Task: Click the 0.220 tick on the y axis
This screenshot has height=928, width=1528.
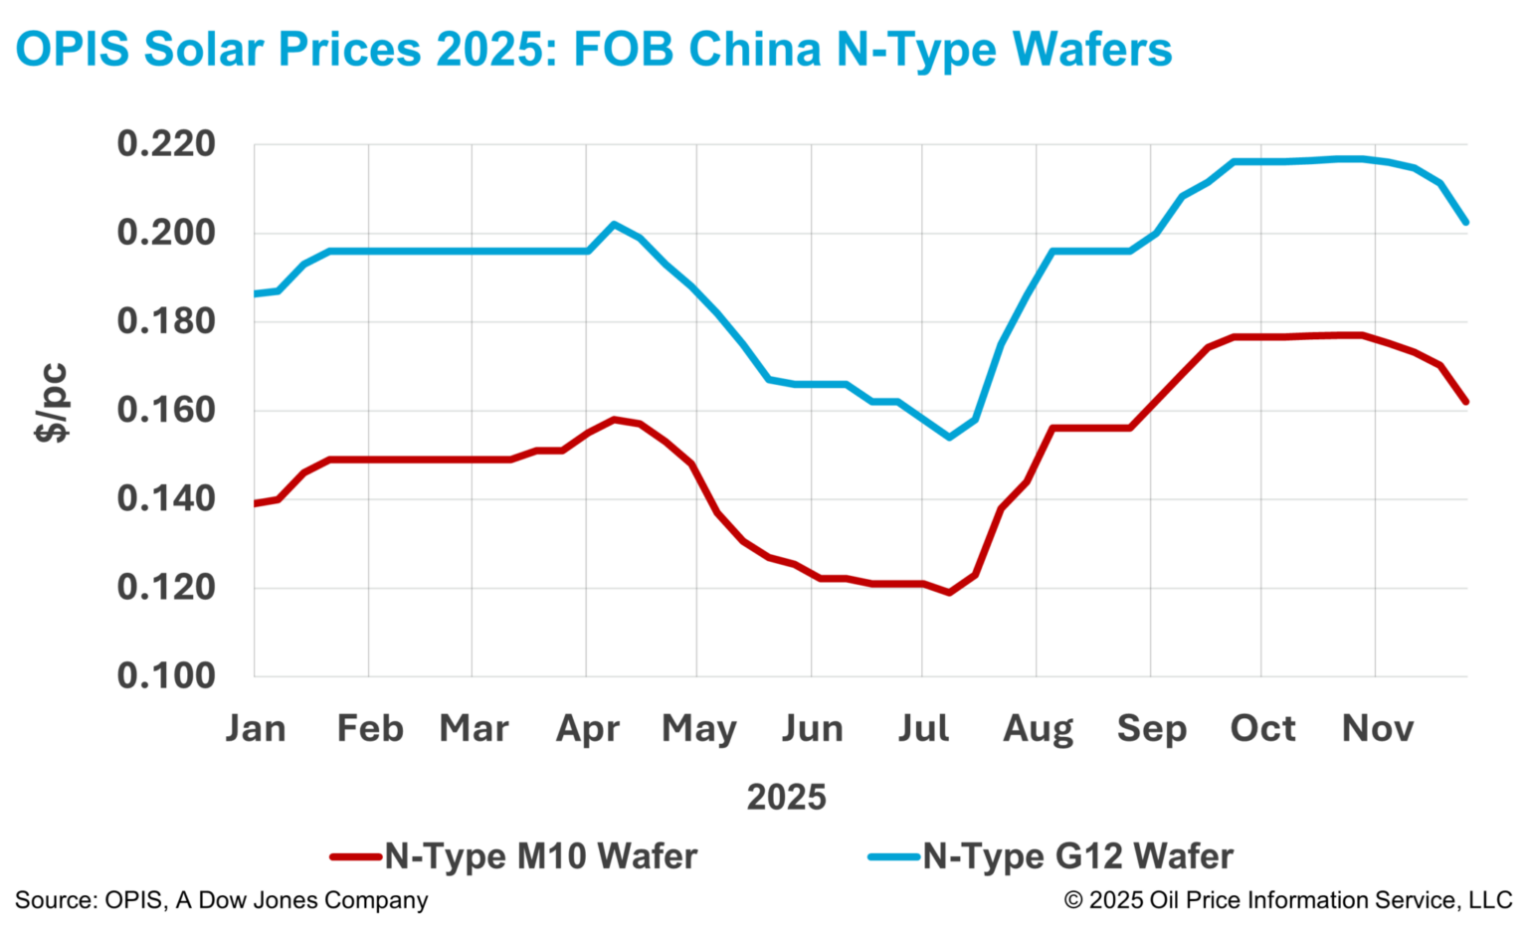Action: pos(165,145)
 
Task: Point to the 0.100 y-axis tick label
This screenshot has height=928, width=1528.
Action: pos(165,676)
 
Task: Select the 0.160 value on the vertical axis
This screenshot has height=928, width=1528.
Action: pos(165,411)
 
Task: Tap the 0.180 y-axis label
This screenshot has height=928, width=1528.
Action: pos(165,322)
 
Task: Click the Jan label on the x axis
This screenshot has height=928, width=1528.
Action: pos(256,729)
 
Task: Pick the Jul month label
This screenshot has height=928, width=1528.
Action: pos(923,729)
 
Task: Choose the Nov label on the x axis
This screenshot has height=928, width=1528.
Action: pos(1377,729)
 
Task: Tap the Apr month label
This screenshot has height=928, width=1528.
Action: pos(587,729)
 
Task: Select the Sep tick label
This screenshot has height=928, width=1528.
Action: pos(1151,729)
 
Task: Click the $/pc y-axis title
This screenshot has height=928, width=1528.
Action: pos(52,403)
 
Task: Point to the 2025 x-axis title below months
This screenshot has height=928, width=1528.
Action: pos(786,798)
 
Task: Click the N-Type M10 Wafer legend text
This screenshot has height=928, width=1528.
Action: pos(540,856)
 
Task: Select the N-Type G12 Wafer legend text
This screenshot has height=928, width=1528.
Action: pos(1077,856)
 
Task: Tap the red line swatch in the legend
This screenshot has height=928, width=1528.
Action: pos(355,856)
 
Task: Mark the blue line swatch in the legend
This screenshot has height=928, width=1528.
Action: pos(893,856)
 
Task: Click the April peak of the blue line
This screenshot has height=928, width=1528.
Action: pos(614,224)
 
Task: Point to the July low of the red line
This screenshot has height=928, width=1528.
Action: pos(949,593)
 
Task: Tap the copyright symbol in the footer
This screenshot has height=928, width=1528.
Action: pos(1073,901)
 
